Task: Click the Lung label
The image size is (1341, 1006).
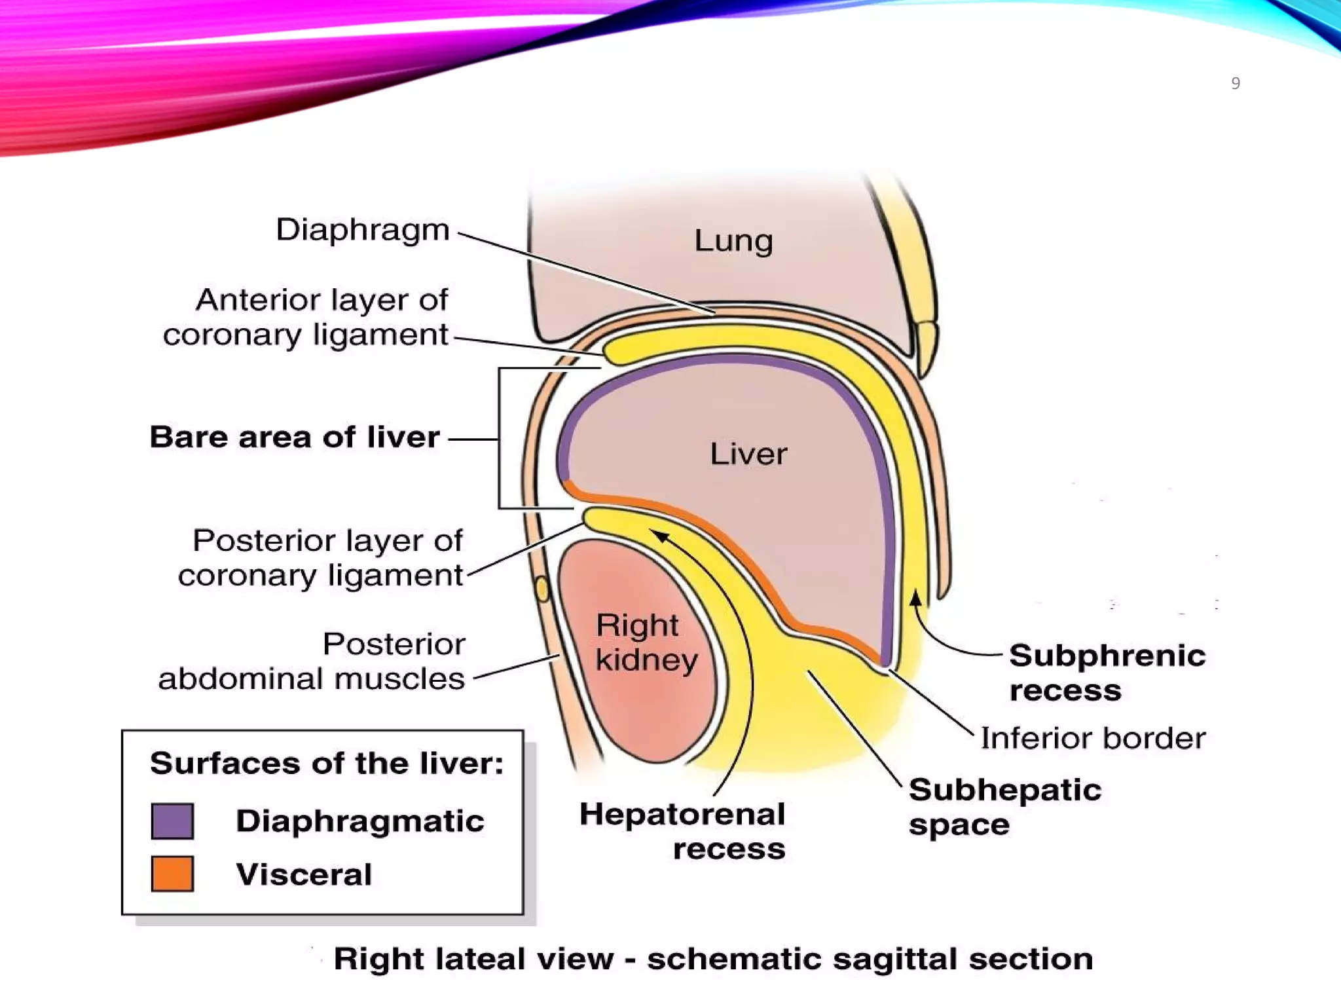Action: (733, 241)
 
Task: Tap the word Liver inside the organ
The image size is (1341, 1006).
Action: (748, 454)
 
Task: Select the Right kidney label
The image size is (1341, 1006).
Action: (646, 643)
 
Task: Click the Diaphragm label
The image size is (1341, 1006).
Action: (363, 230)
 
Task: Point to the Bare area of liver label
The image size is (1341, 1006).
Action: (295, 437)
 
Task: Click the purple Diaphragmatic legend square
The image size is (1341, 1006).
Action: (172, 821)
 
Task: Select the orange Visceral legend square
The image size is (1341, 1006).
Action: (172, 874)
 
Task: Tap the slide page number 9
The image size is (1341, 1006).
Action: (1236, 84)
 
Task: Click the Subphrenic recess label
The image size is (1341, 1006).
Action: (1107, 673)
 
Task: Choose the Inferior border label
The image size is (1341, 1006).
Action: (1092, 739)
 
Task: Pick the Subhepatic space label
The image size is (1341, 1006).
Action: (1004, 807)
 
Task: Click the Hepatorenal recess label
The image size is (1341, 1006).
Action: (683, 831)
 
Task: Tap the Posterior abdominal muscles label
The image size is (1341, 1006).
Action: (312, 661)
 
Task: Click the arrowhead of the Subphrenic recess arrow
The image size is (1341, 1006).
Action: (916, 597)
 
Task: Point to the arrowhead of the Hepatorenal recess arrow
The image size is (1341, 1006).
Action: (661, 536)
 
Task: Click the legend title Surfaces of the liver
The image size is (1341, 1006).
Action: (327, 763)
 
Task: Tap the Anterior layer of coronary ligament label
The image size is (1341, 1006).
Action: (306, 317)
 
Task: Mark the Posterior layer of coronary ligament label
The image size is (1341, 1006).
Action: (321, 558)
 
